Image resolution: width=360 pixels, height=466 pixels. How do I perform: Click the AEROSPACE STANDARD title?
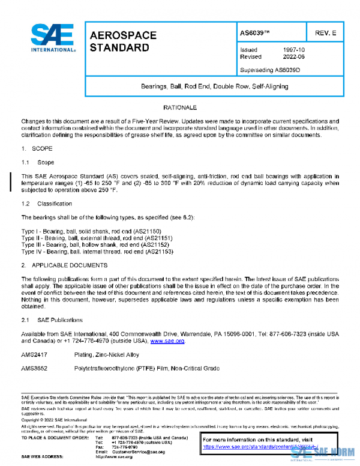tap(122, 41)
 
